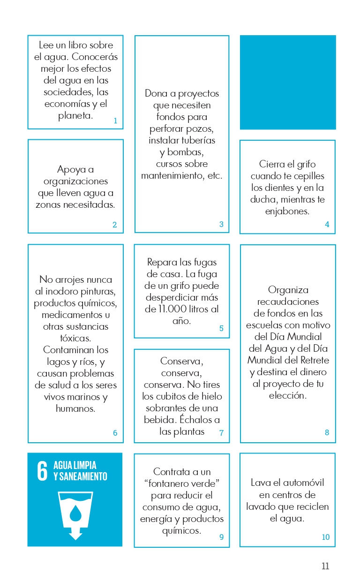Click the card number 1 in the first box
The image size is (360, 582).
115,121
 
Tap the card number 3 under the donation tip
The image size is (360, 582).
221,225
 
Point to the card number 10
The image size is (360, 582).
326,537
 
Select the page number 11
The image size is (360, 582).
325,566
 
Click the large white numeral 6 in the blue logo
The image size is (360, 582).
42,471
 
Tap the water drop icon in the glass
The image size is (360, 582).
75,514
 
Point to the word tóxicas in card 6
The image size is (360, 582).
75,338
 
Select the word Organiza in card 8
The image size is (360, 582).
288,290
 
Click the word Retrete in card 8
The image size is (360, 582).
314,360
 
